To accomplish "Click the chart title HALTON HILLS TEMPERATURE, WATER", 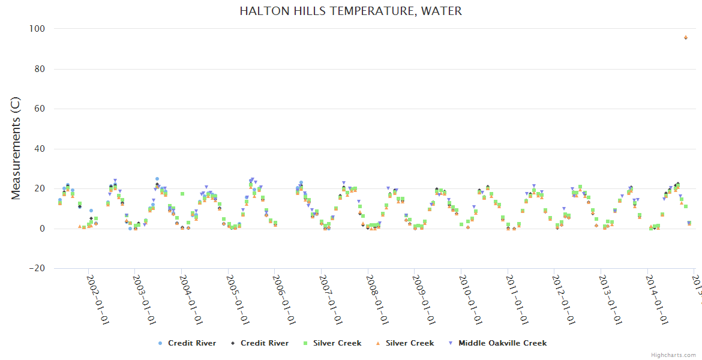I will (350, 11).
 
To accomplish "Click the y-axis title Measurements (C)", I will (16, 148).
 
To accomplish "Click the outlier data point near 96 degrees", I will (686, 37).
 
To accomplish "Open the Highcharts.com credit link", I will (673, 355).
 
